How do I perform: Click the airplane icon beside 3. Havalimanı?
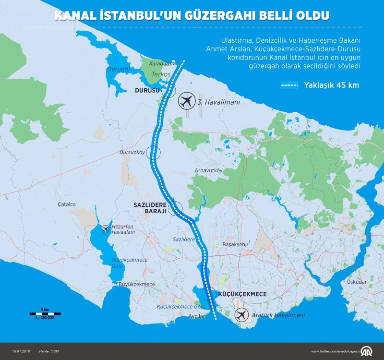tap(186, 101)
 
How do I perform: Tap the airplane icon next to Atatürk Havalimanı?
tap(242, 315)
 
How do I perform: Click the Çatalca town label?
tap(67, 204)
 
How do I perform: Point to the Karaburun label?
tap(160, 63)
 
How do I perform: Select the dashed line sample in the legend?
tap(290, 86)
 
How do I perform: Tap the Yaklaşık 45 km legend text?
tap(331, 86)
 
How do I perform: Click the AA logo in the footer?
tap(369, 351)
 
